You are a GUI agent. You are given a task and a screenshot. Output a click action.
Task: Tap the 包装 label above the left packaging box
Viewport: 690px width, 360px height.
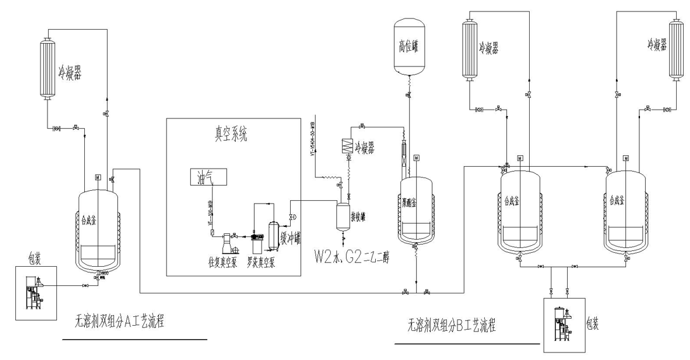point(35,259)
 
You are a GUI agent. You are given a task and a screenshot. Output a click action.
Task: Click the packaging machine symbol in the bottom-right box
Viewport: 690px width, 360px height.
point(562,327)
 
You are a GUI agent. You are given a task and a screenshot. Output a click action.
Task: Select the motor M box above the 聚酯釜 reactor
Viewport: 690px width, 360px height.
point(416,157)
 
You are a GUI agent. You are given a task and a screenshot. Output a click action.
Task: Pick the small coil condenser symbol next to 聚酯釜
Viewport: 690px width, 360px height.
point(348,145)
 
